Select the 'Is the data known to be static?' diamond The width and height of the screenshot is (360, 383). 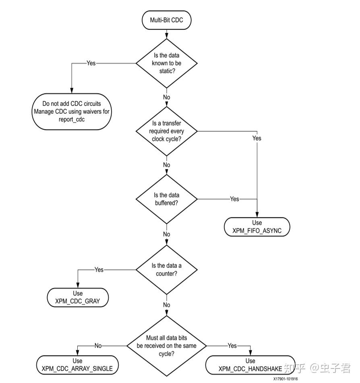point(166,63)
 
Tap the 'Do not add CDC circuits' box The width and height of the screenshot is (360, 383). point(71,112)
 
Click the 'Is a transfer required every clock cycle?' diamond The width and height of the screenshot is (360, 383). point(166,131)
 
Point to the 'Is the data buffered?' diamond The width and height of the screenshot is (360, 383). point(166,199)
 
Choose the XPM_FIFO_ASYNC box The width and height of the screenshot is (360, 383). point(257,227)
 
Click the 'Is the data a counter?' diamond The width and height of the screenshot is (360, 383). point(166,269)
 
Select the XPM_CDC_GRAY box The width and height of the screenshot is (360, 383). point(78,298)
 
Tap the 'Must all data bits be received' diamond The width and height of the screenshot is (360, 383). point(166,346)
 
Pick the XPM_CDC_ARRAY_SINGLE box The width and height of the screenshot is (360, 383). point(77,365)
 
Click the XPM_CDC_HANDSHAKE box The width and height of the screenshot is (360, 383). point(250,365)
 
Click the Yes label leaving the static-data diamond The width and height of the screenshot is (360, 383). point(91,63)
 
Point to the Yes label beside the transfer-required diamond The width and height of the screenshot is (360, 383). point(257,138)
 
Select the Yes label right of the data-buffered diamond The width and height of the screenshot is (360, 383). point(234,199)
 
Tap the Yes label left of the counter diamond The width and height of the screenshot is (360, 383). point(99,269)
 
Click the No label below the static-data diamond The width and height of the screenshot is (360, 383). point(166,97)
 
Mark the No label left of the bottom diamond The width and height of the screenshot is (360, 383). point(98,346)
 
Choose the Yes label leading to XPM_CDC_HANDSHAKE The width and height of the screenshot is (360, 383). point(232,346)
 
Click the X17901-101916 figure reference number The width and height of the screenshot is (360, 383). point(286,379)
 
